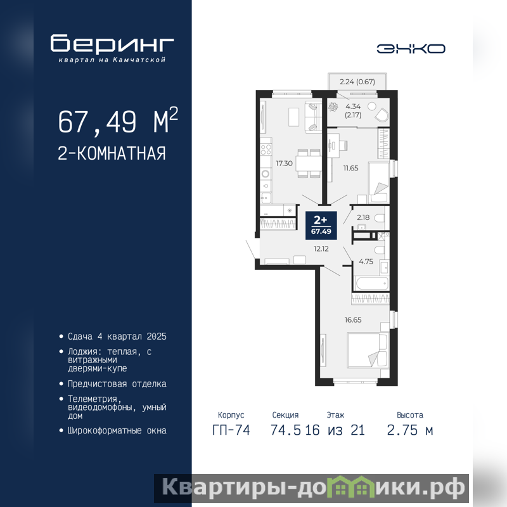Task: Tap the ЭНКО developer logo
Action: click(411, 49)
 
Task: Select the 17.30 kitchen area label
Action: click(284, 164)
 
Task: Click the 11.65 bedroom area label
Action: click(351, 168)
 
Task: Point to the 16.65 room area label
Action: click(353, 320)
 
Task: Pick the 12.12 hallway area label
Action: click(321, 249)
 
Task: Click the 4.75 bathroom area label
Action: click(366, 262)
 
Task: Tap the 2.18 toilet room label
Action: click(363, 217)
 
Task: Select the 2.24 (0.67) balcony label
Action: click(357, 82)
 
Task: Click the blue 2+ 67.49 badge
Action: click(321, 226)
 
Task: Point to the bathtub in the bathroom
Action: click(371, 283)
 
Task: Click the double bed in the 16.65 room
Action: click(368, 350)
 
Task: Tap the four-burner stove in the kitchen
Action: click(266, 150)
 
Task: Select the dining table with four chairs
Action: click(309, 164)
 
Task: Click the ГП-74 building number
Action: click(231, 430)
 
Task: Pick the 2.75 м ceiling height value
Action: click(409, 430)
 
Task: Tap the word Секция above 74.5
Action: click(285, 415)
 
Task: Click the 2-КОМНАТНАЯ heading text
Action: click(112, 153)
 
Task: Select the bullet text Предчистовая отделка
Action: click(117, 384)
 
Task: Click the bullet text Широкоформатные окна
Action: click(117, 431)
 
